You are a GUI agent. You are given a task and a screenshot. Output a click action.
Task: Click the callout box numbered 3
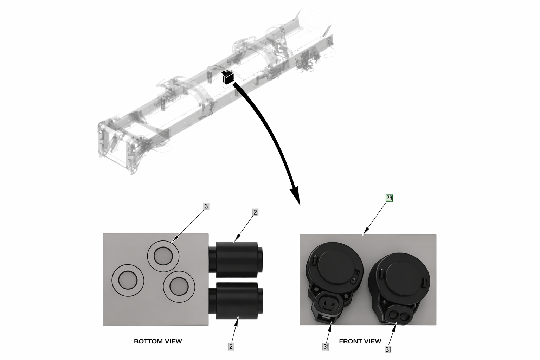tap(206, 206)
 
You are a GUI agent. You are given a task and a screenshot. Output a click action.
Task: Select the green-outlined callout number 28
tap(389, 198)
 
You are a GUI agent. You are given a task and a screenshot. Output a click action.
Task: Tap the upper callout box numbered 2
tap(255, 212)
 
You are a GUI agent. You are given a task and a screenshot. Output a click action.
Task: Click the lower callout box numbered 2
tap(231, 347)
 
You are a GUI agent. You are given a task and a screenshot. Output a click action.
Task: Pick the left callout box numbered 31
tap(326, 347)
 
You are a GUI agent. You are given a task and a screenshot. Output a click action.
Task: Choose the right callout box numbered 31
tap(388, 349)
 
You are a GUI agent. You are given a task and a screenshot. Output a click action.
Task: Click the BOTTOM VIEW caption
tap(158, 341)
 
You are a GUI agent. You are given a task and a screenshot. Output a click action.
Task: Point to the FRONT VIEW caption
tap(360, 341)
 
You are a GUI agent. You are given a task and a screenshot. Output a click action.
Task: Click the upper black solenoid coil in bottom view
tap(236, 259)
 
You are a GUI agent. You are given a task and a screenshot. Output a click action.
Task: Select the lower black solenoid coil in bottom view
tap(236, 301)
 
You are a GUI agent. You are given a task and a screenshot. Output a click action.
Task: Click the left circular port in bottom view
tap(128, 280)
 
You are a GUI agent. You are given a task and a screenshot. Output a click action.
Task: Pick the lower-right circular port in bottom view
tap(179, 287)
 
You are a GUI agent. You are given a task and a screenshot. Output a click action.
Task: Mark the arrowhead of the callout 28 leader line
tap(364, 233)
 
